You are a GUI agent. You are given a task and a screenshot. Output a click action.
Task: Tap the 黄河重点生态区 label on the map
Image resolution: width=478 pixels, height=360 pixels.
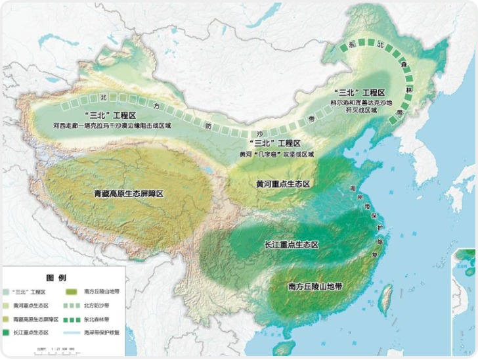pyautogui.click(x=282, y=184)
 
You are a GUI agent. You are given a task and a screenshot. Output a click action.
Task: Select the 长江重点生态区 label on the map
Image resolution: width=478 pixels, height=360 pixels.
pyautogui.click(x=291, y=244)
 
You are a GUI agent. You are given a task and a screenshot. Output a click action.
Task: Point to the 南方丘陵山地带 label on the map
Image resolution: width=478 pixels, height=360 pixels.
pyautogui.click(x=316, y=287)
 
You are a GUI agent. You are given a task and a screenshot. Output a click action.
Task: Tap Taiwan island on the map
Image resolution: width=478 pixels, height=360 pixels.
pyautogui.click(x=387, y=300)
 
